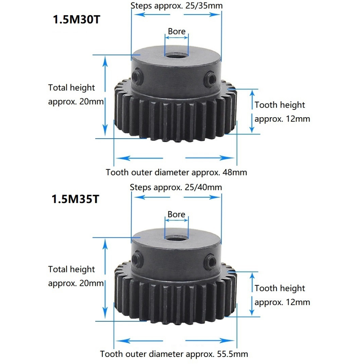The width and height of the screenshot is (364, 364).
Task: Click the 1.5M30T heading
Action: click(x=77, y=19)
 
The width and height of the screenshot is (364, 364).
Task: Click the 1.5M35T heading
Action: click(x=75, y=199)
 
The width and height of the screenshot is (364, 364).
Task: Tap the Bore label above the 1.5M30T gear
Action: click(x=177, y=31)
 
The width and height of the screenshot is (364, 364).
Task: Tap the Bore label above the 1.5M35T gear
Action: click(x=176, y=214)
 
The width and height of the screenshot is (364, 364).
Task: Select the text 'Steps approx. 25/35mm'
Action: click(x=177, y=6)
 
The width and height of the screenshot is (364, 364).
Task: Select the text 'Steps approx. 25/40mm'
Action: click(x=176, y=187)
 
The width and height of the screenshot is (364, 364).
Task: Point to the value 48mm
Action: click(x=234, y=173)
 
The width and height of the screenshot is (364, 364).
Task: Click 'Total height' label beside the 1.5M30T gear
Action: click(x=72, y=87)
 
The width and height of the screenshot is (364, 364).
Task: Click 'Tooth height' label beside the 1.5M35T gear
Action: click(x=280, y=288)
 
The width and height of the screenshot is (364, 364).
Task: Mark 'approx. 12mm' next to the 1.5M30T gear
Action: click(x=282, y=119)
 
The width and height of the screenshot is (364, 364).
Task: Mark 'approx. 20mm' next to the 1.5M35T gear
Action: click(x=76, y=283)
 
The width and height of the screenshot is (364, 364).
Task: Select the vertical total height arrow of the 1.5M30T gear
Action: click(x=105, y=96)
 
